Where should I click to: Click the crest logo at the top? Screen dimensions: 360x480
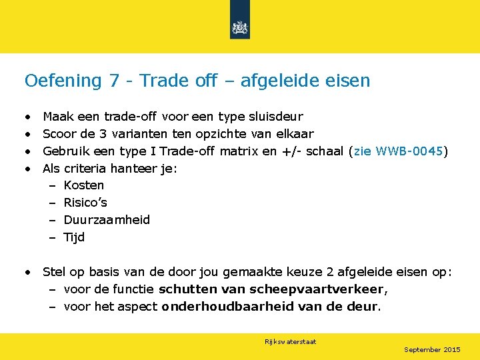(x=239, y=27)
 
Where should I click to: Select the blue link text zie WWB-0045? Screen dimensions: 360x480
(x=398, y=151)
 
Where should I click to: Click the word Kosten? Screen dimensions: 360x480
(x=83, y=185)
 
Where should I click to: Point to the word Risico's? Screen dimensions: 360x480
(x=85, y=203)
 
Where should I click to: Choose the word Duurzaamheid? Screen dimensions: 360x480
(x=107, y=220)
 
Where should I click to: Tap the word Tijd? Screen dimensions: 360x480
(x=74, y=237)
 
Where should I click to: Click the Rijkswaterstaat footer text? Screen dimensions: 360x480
(x=290, y=342)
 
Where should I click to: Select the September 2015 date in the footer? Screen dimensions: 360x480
(x=432, y=350)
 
